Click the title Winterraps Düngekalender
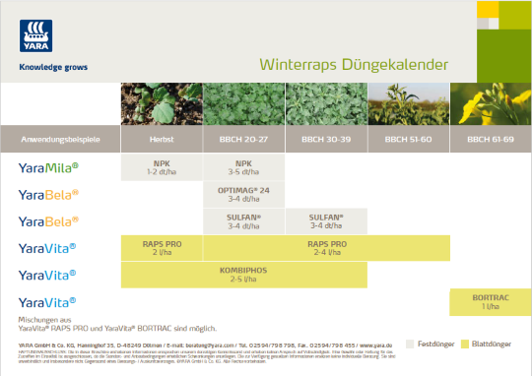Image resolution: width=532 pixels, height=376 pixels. point(354,66)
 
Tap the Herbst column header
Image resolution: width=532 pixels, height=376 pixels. point(162,140)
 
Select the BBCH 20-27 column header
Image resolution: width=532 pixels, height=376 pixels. point(243,140)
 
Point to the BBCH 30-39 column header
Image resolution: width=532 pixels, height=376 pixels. point(325,140)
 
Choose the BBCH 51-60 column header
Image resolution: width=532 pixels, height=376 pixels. point(407,140)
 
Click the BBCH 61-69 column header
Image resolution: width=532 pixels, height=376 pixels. point(489,140)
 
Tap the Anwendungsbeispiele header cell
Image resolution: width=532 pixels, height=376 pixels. point(59,140)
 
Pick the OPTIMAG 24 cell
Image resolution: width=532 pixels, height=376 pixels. point(243,194)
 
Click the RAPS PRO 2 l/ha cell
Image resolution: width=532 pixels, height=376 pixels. point(162,248)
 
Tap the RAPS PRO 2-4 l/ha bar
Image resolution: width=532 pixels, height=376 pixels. point(326,248)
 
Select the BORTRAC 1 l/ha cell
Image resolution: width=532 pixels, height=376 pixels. point(490,302)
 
